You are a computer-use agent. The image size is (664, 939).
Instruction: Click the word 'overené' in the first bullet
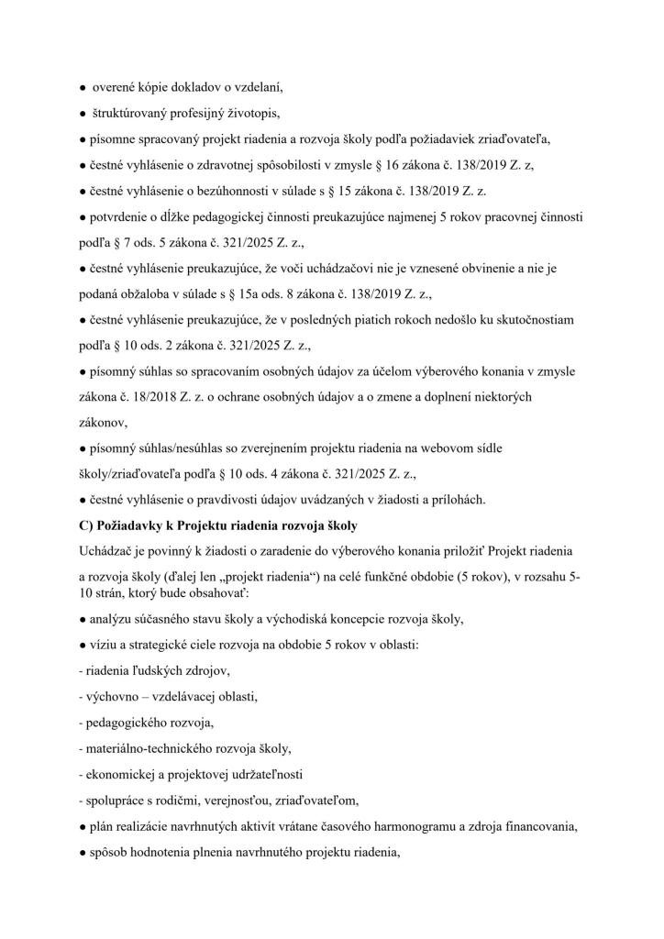tap(116, 87)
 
